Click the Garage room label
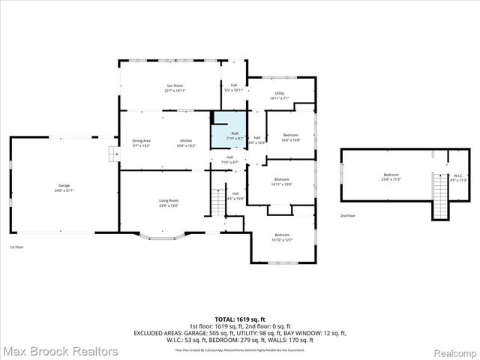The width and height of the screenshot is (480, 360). [x=64, y=186]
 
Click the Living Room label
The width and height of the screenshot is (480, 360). [x=168, y=202]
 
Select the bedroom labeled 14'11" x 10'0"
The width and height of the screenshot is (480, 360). [x=282, y=181]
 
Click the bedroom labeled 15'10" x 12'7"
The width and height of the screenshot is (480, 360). [x=282, y=236]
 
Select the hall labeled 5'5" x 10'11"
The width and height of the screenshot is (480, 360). [x=233, y=88]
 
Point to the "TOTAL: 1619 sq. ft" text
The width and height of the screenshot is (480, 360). [x=240, y=318]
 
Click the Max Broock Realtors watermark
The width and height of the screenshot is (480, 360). [x=59, y=351]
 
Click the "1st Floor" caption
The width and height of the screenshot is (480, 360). [x=17, y=247]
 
